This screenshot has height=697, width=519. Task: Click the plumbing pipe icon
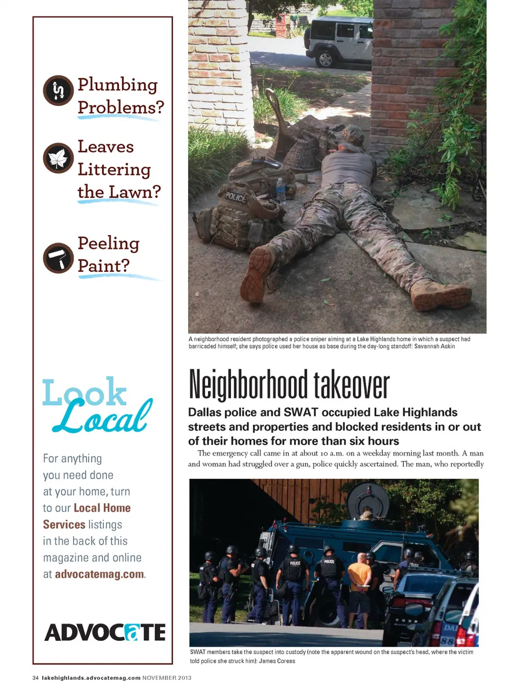(x=58, y=90)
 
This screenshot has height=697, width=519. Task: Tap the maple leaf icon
(x=58, y=158)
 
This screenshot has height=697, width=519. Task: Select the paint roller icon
(x=58, y=258)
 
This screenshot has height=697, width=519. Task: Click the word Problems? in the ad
(x=121, y=108)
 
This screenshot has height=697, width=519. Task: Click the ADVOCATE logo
(x=105, y=632)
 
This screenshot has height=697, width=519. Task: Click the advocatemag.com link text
(x=99, y=574)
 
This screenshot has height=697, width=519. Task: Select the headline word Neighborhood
(x=248, y=385)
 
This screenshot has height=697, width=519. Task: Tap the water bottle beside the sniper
(x=281, y=190)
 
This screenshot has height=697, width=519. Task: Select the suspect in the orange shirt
(x=360, y=581)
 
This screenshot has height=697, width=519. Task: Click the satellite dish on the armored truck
(x=368, y=500)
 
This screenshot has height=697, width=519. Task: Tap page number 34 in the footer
(x=36, y=678)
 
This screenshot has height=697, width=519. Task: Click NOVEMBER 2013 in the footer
(x=167, y=678)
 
